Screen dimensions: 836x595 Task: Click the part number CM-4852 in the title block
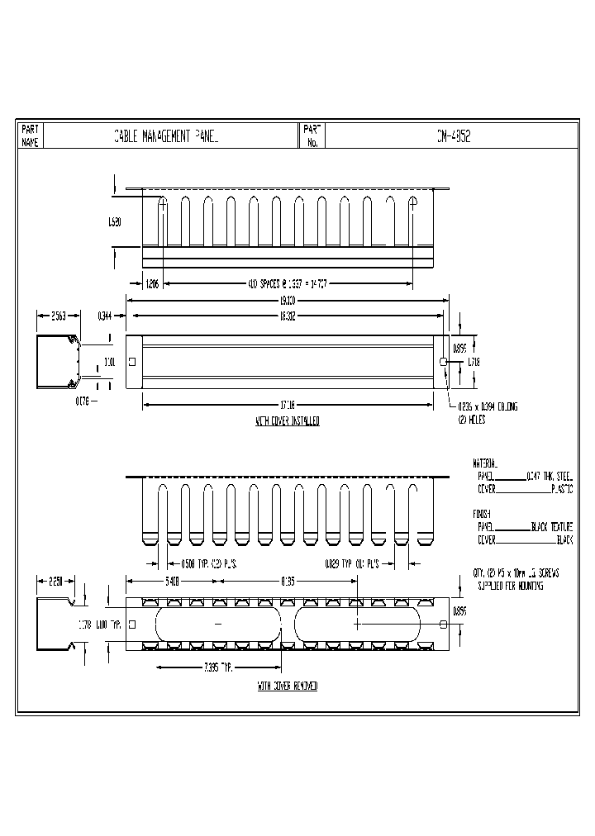454,136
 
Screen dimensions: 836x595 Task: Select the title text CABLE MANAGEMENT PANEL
166,136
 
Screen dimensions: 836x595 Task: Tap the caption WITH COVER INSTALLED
288,421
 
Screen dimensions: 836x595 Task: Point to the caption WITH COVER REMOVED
287,686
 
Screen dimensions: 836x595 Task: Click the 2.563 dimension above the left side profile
59,315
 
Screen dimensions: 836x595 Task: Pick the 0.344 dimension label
105,315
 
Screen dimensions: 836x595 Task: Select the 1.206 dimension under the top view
152,283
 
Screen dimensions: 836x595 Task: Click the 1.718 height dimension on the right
474,362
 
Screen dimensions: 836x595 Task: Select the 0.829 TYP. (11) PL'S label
355,564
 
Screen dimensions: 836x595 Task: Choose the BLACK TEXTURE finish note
550,526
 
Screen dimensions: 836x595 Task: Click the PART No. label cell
311,136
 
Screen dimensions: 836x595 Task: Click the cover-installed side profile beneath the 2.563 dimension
57,361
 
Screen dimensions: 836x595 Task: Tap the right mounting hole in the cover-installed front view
444,362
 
